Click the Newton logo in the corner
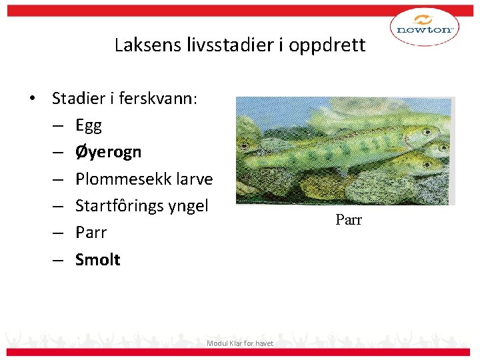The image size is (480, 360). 424,27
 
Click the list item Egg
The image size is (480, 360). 88,126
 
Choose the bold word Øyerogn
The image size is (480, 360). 108,152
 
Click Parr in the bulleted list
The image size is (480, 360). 91,233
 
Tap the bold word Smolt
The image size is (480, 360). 97,259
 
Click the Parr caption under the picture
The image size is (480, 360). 348,220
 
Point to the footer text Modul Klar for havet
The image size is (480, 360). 240,343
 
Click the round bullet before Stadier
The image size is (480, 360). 32,99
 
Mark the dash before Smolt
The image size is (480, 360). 59,260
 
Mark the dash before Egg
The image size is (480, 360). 59,126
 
